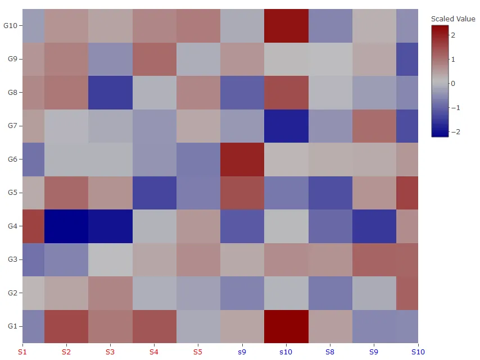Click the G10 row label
tap(11, 26)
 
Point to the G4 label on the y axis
tap(12, 226)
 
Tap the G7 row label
tap(12, 126)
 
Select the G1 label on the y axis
tap(12, 326)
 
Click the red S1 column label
tap(22, 352)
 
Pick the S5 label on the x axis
tap(198, 352)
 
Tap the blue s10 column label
tap(286, 352)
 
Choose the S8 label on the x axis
tap(330, 352)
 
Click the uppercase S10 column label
tap(418, 352)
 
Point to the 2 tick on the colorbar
tap(453, 35)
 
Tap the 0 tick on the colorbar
tap(453, 83)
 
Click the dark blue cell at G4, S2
tap(66, 226)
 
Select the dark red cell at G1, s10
tap(286, 326)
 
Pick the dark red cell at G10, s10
tap(286, 26)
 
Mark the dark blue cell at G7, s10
tap(286, 126)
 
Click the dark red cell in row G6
tap(242, 160)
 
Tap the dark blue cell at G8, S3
tap(110, 93)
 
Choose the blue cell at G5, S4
tap(154, 193)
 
